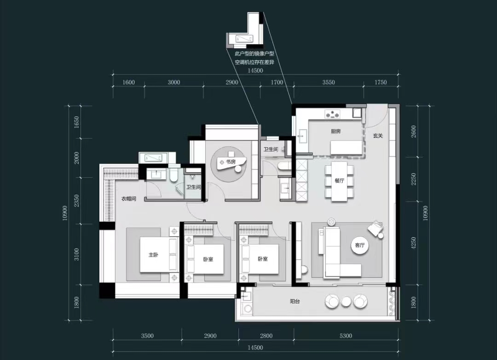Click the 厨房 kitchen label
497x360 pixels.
click(x=335, y=131)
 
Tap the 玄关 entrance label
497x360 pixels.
click(x=377, y=136)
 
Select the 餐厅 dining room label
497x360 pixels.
click(x=340, y=180)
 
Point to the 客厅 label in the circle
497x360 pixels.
click(x=360, y=245)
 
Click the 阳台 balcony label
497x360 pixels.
click(x=295, y=302)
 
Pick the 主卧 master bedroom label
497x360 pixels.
click(x=153, y=255)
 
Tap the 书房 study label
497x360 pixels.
click(x=231, y=162)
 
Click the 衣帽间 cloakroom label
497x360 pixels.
click(x=129, y=199)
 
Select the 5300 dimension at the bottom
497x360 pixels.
click(x=346, y=336)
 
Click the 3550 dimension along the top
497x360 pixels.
click(x=329, y=82)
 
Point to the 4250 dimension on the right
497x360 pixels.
click(x=413, y=243)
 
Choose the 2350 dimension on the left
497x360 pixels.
click(x=76, y=200)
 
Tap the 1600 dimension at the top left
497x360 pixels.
click(x=128, y=82)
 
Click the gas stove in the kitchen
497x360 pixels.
click(x=332, y=114)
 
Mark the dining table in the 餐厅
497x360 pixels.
click(x=339, y=181)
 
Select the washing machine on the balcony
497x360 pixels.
click(x=247, y=308)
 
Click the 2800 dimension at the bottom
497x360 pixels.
click(x=266, y=336)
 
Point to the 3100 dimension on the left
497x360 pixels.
click(x=76, y=255)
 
